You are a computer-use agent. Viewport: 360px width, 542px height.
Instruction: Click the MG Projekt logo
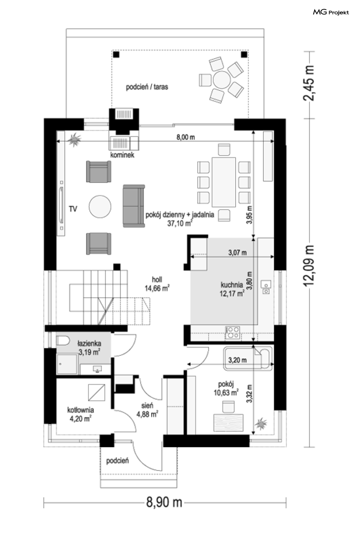[331, 12]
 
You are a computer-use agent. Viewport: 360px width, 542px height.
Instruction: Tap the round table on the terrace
[221, 80]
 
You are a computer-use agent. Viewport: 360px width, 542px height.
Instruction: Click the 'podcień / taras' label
[147, 87]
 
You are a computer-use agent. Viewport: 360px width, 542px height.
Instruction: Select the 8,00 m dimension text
[186, 137]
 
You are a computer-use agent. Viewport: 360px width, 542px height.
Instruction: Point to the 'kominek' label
[122, 155]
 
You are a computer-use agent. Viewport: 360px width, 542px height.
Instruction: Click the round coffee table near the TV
[100, 207]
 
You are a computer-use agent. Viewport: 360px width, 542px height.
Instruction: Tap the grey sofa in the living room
[134, 206]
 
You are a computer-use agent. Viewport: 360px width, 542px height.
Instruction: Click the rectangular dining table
[224, 182]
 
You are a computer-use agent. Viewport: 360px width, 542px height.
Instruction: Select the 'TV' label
[73, 209]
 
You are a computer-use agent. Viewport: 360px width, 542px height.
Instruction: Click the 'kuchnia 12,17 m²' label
[232, 289]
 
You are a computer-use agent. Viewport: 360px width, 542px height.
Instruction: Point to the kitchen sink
[266, 287]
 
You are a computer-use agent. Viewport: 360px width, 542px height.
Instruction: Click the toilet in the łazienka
[63, 341]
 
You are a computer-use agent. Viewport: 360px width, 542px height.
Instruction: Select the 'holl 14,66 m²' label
[157, 284]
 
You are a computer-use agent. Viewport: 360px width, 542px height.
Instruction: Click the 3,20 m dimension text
[238, 360]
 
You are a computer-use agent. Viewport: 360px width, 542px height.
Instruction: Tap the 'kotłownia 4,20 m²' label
[81, 414]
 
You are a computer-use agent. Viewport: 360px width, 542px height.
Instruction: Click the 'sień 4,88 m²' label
[147, 410]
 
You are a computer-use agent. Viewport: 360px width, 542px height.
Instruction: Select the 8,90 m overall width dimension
[164, 503]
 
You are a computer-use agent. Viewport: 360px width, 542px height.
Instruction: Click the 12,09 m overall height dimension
[309, 266]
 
